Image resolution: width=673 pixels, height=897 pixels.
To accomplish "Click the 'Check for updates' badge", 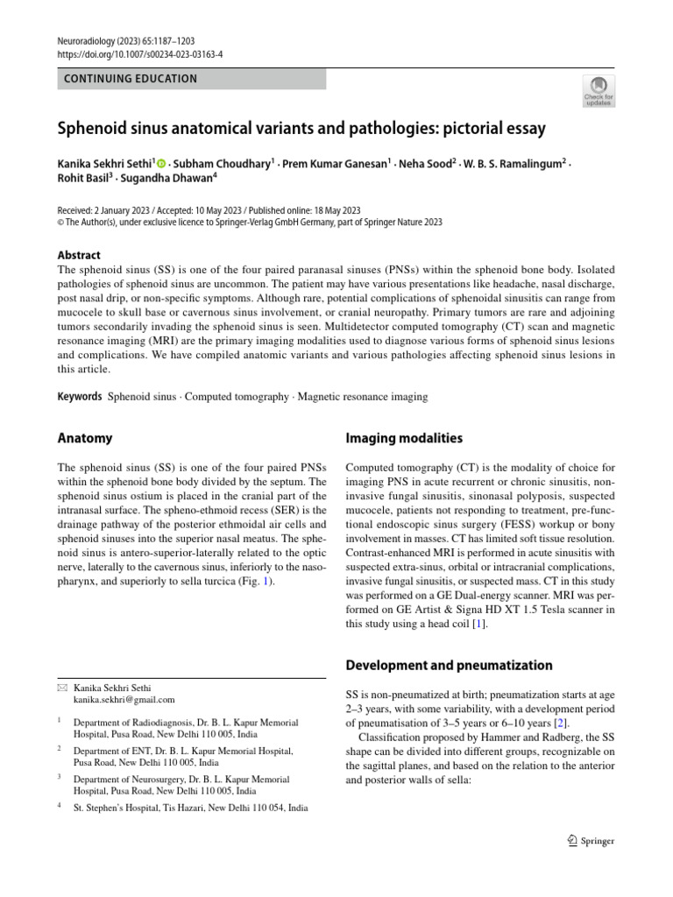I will (599, 91).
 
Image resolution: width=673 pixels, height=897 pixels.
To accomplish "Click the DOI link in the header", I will (139, 53).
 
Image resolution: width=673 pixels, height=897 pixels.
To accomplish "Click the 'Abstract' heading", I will (79, 255).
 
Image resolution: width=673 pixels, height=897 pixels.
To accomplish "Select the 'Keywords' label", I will (80, 397).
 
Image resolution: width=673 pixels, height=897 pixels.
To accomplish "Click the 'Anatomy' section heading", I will (84, 438).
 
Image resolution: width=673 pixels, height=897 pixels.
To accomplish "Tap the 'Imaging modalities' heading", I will (404, 438).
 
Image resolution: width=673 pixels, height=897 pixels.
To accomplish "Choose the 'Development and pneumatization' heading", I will (450, 665).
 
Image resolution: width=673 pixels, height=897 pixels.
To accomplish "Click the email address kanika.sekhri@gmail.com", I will (124, 700).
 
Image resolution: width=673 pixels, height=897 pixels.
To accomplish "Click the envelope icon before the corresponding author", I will (61, 688).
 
